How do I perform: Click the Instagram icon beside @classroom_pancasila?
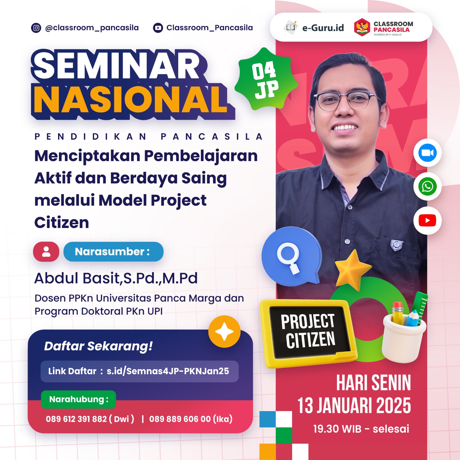pyautogui.click(x=36, y=28)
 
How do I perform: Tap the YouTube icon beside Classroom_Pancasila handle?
pyautogui.click(x=158, y=28)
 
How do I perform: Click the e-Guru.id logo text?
pyautogui.click(x=323, y=28)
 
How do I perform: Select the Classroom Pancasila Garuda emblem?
pyautogui.click(x=362, y=27)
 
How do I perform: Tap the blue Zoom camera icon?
pyautogui.click(x=427, y=153)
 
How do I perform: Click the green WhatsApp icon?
pyautogui.click(x=427, y=187)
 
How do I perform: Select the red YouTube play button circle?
pyautogui.click(x=427, y=221)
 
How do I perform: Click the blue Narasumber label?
pyautogui.click(x=113, y=252)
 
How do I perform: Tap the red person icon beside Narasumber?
pyautogui.click(x=46, y=252)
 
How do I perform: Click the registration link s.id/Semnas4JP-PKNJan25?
pyautogui.click(x=168, y=371)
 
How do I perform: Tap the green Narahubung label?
pyautogui.click(x=78, y=399)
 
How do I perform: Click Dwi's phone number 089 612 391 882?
pyautogui.click(x=76, y=419)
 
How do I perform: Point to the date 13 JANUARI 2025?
pyautogui.click(x=354, y=406)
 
